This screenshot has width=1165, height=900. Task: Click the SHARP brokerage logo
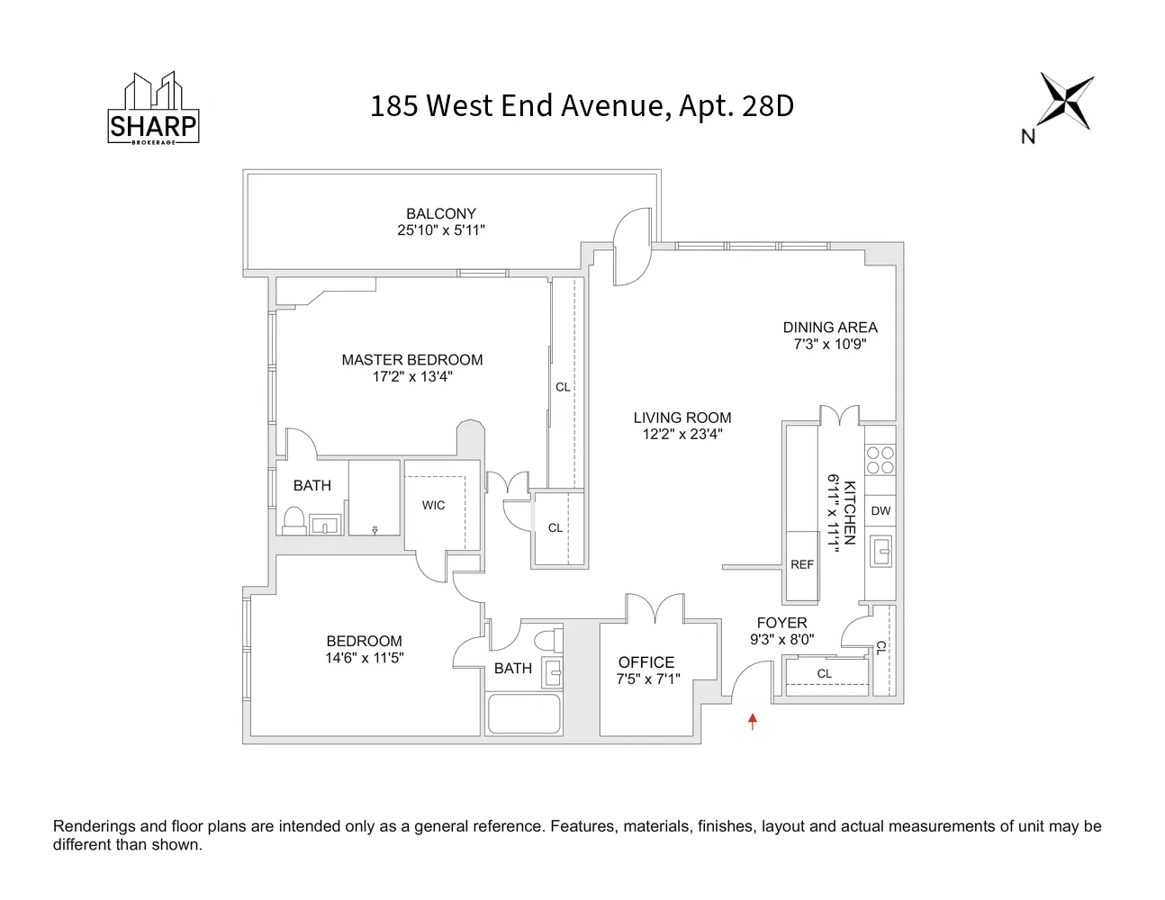tap(153, 109)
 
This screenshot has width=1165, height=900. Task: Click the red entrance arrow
tap(753, 720)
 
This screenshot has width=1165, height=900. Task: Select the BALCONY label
tap(440, 214)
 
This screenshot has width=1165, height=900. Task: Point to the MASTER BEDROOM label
tap(412, 360)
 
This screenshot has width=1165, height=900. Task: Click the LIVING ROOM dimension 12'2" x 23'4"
tap(682, 434)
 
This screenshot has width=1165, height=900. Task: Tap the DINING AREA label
tap(829, 328)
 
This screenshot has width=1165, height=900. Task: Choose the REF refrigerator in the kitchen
tap(801, 565)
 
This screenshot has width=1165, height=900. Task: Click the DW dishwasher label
tap(881, 510)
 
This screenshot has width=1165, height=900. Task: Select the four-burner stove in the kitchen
tap(880, 461)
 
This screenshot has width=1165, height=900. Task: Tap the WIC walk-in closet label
tap(434, 505)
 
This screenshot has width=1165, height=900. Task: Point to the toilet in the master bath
tap(294, 520)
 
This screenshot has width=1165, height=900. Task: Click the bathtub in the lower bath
tap(524, 713)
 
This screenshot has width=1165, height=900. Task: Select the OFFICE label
tap(646, 662)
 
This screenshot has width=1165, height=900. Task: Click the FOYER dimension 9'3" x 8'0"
tap(781, 639)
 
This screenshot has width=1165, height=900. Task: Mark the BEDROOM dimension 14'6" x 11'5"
tap(365, 658)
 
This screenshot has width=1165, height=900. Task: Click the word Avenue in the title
tap(616, 106)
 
